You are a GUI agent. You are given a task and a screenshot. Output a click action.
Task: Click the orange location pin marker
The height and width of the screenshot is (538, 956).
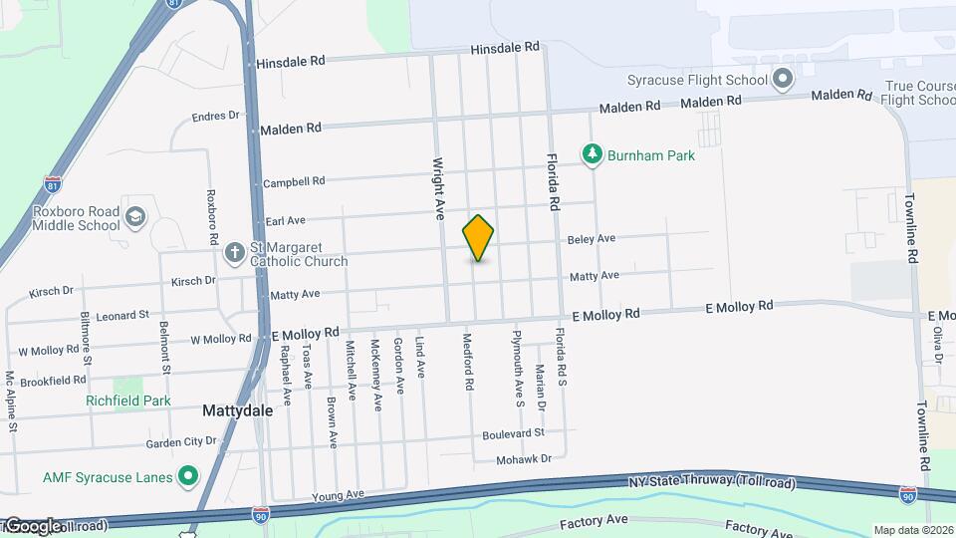point(478,238)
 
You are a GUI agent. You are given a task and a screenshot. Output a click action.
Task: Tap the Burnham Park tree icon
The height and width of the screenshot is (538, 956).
point(593,154)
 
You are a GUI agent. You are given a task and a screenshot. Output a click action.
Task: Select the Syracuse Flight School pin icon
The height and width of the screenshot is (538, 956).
point(784,79)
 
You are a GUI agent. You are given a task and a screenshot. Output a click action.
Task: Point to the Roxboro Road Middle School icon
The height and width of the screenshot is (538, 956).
point(135,216)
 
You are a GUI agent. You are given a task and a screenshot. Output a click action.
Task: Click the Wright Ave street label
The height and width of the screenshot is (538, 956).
point(436,187)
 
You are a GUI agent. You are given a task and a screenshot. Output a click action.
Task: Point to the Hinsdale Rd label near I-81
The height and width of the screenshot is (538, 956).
point(291,62)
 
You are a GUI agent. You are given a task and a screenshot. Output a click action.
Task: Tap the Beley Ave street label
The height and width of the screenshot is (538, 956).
point(592,239)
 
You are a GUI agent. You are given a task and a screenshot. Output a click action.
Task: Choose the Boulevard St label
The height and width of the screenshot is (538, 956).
point(513,433)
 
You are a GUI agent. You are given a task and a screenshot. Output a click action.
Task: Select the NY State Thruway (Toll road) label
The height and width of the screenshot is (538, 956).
point(712,482)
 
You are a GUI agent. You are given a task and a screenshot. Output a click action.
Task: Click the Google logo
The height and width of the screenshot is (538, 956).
point(33,526)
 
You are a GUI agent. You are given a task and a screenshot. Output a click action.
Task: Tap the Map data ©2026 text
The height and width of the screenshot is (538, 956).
point(912,530)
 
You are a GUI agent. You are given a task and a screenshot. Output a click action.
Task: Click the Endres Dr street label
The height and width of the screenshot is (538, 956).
point(216,116)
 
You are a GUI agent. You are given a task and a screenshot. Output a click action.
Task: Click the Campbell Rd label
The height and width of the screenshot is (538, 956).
point(294,182)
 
